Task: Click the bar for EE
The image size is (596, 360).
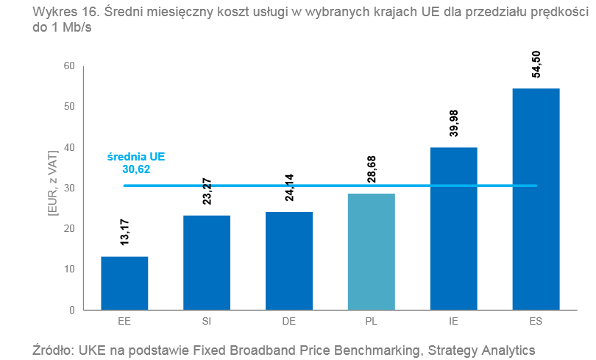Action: coord(124,283)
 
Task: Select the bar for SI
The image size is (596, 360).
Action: coord(207,262)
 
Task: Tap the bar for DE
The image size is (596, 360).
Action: coord(289,261)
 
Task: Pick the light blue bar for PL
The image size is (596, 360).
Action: coord(372,251)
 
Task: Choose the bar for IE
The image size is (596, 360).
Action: coord(454,228)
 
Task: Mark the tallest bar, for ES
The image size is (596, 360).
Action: coord(536,199)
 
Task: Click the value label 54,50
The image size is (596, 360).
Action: coord(536,64)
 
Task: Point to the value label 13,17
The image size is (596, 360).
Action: coord(124,233)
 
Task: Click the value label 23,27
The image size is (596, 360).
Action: coord(207,191)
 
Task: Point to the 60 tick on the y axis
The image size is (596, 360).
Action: coord(70,66)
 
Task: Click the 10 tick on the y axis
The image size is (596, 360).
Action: coord(70,269)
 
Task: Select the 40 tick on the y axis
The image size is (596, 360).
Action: coord(70,147)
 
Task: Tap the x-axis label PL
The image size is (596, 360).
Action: coord(372,322)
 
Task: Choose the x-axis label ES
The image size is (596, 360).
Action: coord(536,322)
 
